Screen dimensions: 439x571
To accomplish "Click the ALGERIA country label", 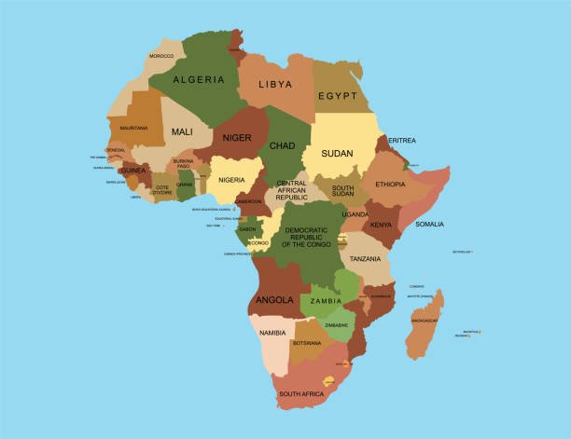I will [199, 80].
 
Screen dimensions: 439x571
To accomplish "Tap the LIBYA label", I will [275, 84].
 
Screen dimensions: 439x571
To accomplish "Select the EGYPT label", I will [338, 96].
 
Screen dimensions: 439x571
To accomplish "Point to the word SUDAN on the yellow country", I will [337, 153].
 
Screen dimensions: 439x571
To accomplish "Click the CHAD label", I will [282, 145].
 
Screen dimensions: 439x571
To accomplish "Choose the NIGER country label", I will [237, 138].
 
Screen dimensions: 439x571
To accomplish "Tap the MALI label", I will [182, 132].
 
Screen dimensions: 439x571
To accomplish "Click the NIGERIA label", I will [231, 180].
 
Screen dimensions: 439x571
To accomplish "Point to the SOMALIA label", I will [429, 224].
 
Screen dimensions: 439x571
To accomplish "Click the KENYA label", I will [382, 225].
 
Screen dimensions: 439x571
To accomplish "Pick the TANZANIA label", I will [366, 259].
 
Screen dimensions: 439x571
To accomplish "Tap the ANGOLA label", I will [275, 300].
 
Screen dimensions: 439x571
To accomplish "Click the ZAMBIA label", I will [327, 301].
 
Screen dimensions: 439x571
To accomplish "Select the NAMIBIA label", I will [272, 333].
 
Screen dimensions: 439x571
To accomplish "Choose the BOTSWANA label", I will [307, 343].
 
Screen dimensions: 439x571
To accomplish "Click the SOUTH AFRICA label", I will [300, 394].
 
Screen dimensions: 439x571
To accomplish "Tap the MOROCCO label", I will [161, 56].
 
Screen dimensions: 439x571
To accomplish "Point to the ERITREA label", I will [402, 141].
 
